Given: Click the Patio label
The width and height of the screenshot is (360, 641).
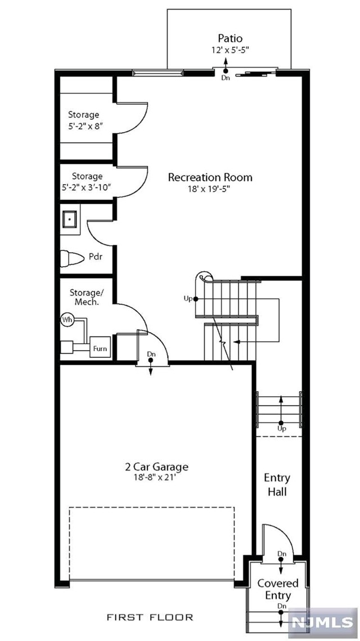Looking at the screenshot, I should coord(230,38).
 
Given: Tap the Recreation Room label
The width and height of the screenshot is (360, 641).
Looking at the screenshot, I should coord(210,177).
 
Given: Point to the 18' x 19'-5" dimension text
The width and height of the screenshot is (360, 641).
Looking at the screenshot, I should coord(210,190).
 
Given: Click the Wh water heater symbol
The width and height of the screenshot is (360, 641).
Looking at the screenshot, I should coord(67,320).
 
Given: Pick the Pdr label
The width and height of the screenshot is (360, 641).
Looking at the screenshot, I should coord(95,257).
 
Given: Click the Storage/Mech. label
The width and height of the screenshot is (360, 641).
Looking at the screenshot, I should coord(84,297).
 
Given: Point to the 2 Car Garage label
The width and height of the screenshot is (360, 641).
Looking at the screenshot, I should coord(156,467).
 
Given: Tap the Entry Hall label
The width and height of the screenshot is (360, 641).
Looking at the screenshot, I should coord(277,485).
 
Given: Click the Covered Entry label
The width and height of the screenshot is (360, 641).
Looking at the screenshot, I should coord(278,589).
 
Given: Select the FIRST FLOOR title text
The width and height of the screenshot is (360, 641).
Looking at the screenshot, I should coord(150,617).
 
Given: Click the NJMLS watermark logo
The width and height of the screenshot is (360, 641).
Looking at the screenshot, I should coord(322,623).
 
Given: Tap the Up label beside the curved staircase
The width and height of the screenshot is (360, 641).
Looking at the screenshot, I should coord(188,298).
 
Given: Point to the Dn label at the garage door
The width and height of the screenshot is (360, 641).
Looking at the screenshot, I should coord(151,354).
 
